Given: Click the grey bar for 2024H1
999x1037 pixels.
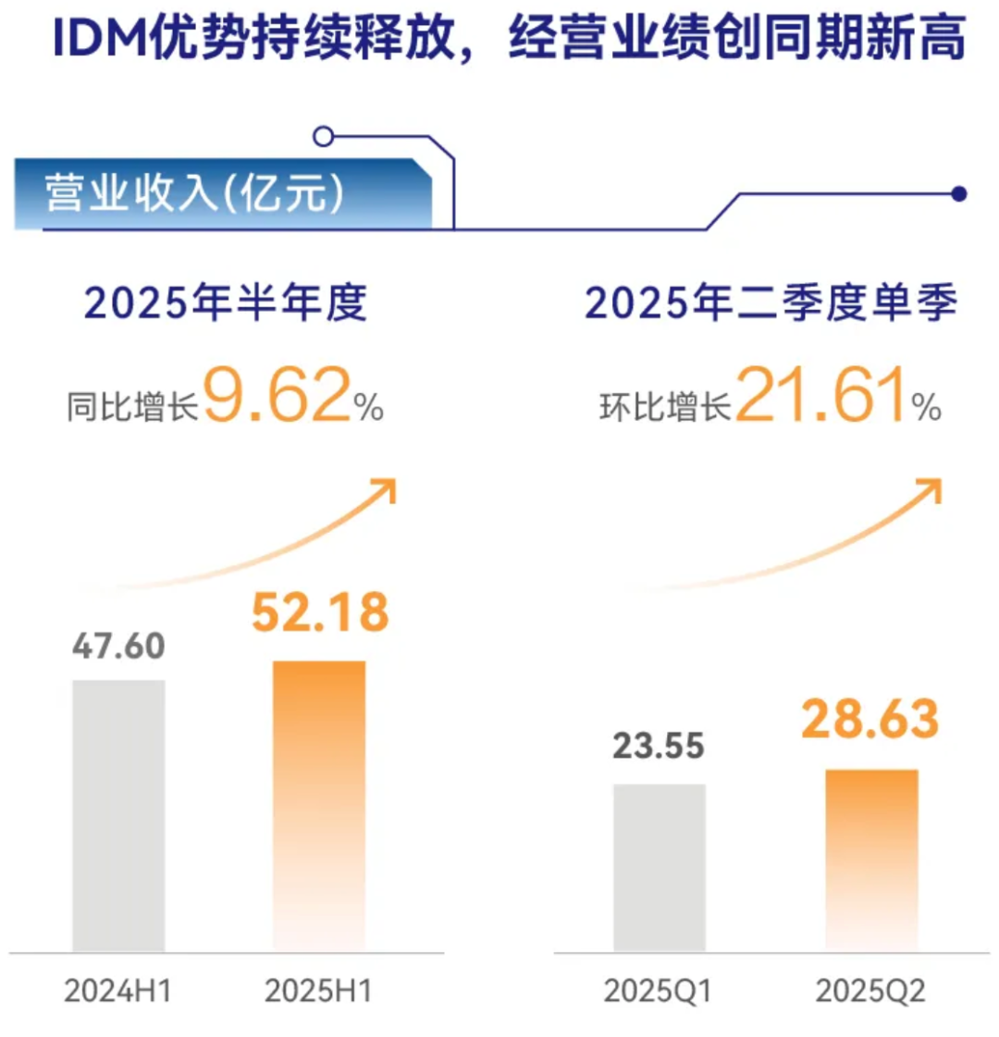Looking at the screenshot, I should tap(118, 815).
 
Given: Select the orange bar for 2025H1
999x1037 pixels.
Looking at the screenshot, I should tap(319, 806).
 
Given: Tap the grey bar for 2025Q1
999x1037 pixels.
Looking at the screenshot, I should tap(659, 867).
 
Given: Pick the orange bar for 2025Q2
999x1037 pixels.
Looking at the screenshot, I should tap(871, 859).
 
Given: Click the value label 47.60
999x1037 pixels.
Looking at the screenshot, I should tap(118, 646).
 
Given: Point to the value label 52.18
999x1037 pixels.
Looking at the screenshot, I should tap(320, 612).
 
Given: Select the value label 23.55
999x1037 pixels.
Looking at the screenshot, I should tap(659, 746).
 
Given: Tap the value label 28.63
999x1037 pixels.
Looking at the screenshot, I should tap(870, 719).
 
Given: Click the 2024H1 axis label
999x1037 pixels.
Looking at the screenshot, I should tap(117, 992).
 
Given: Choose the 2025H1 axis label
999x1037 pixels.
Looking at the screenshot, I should tap(318, 992).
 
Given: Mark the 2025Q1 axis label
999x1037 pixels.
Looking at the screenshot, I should tap(658, 992).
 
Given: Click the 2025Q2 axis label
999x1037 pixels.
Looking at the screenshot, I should tap(870, 992).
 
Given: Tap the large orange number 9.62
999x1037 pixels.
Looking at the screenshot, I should tap(277, 397).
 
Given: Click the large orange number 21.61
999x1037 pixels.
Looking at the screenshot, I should tap(821, 397).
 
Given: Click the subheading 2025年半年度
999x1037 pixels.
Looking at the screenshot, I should tap(226, 303).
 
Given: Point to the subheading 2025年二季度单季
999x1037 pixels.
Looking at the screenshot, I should tap(771, 303).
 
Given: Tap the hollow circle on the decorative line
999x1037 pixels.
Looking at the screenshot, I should tap(323, 137).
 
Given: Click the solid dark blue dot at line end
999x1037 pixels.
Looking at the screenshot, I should tap(959, 194).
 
